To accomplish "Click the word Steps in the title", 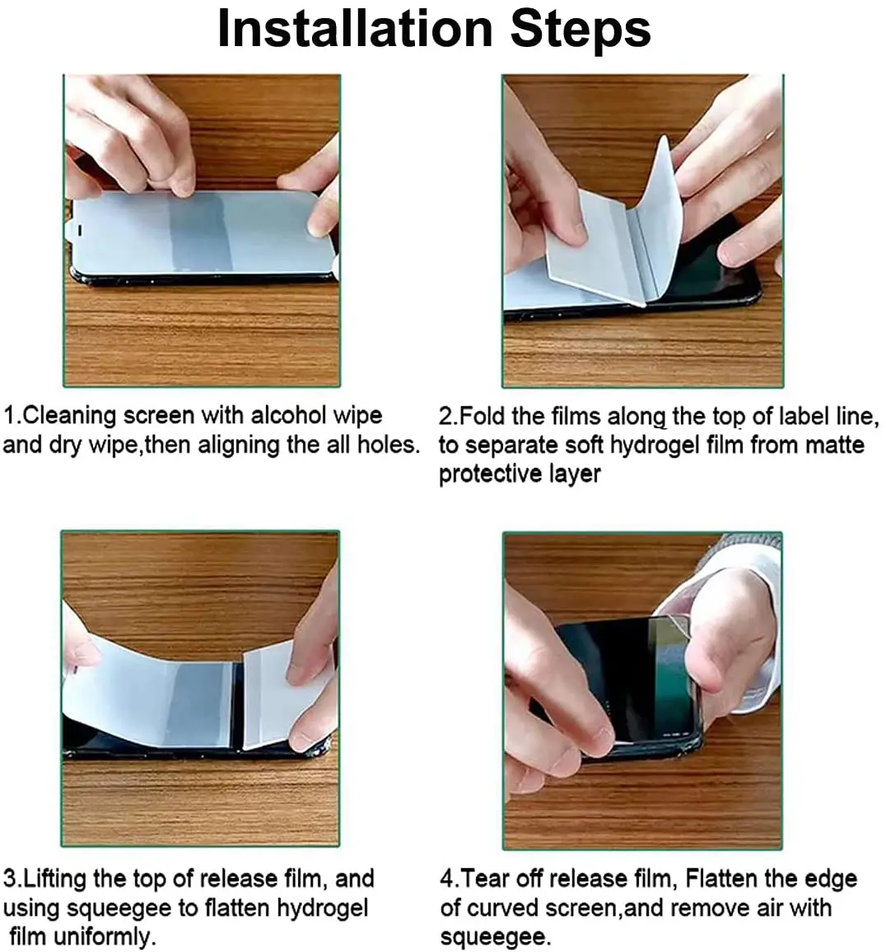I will (x=581, y=29).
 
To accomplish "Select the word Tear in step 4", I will (x=484, y=878).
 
